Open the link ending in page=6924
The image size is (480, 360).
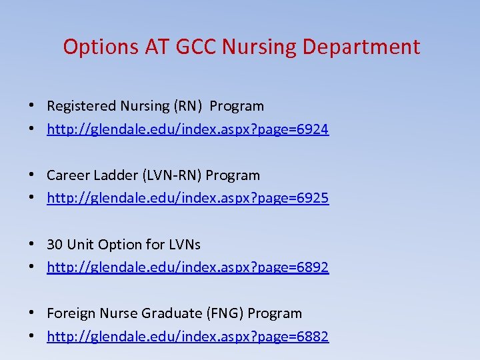[x=187, y=129]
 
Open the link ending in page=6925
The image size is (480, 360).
[x=187, y=199]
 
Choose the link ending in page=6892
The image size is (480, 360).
[x=187, y=268]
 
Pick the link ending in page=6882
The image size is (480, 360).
[x=187, y=337]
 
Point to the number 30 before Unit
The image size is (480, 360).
[x=55, y=245]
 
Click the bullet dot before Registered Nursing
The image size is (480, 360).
[x=31, y=106]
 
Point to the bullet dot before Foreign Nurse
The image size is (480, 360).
[x=31, y=313]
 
